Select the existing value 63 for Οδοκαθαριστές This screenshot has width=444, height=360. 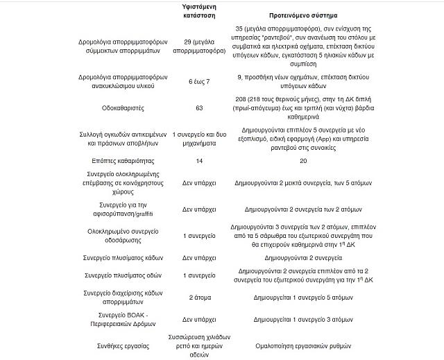click(199, 108)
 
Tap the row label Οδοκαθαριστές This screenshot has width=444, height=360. click(116, 108)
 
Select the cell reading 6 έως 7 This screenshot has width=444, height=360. click(199, 82)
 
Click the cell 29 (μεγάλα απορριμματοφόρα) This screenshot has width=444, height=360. click(199, 46)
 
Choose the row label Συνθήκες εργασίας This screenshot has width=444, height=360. click(116, 344)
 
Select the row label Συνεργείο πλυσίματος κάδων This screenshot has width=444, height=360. click(116, 257)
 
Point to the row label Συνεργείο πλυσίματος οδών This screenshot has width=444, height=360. click(116, 275)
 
